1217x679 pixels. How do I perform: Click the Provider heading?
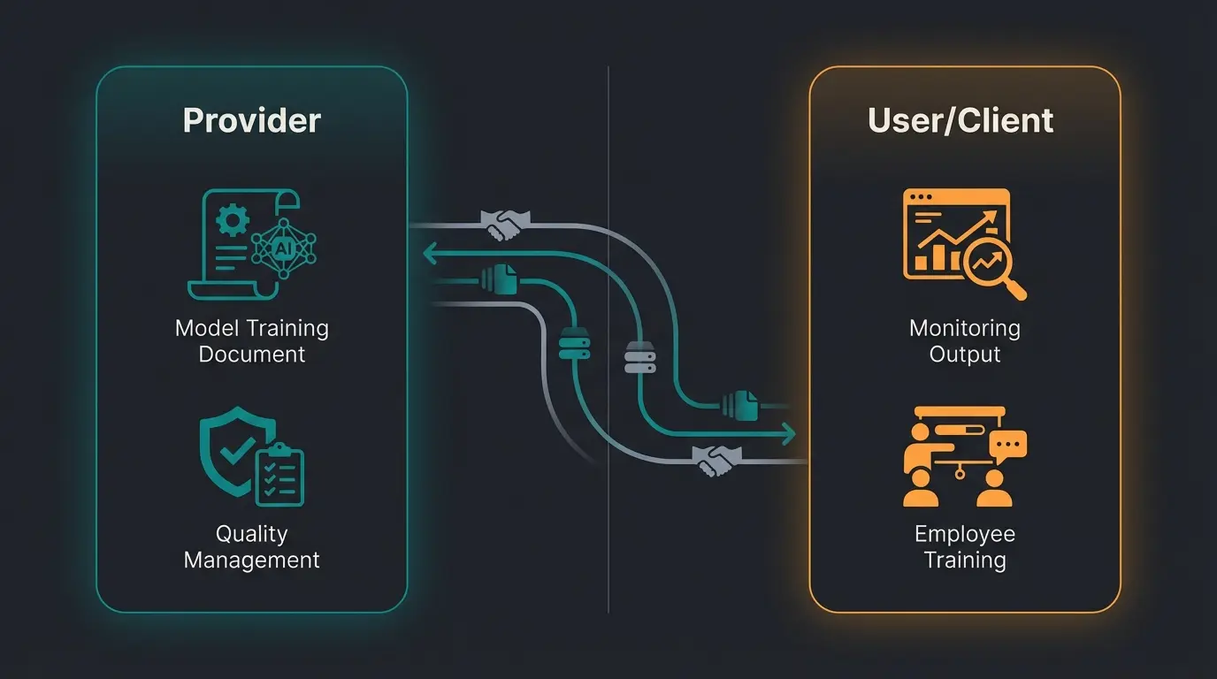coord(251,120)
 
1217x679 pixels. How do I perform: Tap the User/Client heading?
coord(961,120)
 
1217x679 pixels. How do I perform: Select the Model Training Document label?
coord(251,341)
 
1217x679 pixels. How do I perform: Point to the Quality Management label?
coord(251,546)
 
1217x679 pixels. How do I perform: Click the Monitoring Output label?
coord(964,341)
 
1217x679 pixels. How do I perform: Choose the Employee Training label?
coord(964,546)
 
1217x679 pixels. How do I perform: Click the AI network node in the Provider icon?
coord(283,248)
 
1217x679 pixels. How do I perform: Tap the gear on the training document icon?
coord(232,219)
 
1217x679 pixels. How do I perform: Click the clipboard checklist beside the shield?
coord(279,475)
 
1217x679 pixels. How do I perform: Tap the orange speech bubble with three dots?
coord(1008,443)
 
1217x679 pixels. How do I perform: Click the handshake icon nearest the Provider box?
coord(504,224)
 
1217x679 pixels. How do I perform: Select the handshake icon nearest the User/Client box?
coord(716,460)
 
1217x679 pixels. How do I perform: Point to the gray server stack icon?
coord(637,356)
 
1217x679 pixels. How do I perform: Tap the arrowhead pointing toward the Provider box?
coord(431,255)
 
